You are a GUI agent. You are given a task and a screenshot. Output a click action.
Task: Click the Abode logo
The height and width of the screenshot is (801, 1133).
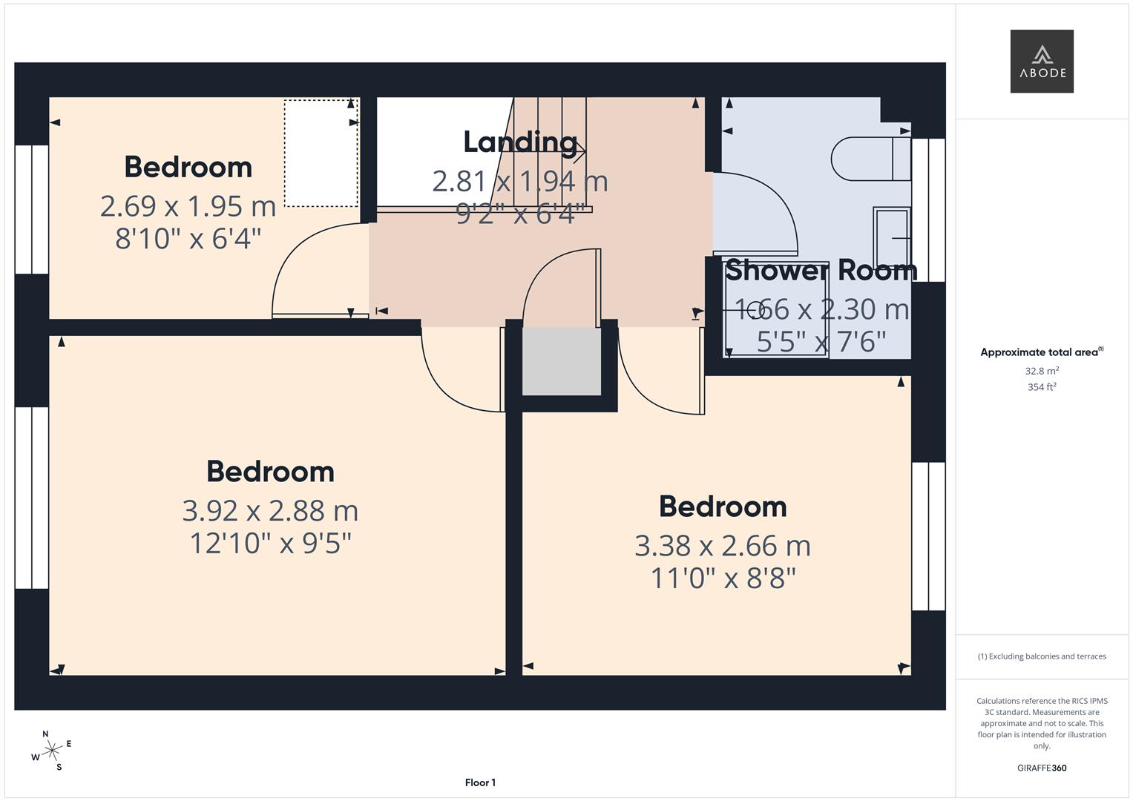(x=1041, y=62)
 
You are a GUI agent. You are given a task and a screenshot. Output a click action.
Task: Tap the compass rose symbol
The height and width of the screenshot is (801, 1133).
(x=51, y=751)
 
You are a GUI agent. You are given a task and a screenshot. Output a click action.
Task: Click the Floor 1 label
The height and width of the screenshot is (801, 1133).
(x=480, y=782)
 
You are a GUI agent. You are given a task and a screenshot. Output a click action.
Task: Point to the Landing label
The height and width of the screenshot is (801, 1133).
(x=520, y=142)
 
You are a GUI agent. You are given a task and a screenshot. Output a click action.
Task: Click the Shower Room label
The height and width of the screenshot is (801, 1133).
(x=821, y=270)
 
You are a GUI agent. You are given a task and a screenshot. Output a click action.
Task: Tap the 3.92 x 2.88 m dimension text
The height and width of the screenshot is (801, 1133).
(x=270, y=510)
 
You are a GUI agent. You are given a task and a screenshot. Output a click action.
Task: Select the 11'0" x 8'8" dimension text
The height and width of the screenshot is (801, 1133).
(x=723, y=578)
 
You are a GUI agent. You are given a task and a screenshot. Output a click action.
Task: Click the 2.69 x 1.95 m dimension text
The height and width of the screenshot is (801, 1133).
(x=188, y=206)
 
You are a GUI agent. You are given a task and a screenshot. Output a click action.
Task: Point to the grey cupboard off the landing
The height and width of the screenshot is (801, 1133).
(x=561, y=362)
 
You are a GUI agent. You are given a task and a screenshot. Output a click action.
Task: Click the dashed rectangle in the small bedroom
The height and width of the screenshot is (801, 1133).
(x=321, y=154)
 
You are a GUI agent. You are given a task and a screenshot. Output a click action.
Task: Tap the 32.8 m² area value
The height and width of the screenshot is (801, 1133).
(x=1041, y=371)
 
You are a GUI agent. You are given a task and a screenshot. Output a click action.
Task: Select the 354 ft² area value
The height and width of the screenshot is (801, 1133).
(x=1041, y=387)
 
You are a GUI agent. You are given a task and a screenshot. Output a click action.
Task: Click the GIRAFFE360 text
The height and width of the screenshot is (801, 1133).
(x=1041, y=768)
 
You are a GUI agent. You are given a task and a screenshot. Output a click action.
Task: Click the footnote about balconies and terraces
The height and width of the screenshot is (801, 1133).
(x=1041, y=656)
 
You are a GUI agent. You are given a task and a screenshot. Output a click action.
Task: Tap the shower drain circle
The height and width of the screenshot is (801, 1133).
(x=755, y=309)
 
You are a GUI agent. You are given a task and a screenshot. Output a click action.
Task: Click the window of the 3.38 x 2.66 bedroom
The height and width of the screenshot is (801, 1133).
(x=928, y=536)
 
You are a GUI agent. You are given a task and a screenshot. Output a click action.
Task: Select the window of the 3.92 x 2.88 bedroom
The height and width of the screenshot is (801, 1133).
(x=32, y=498)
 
